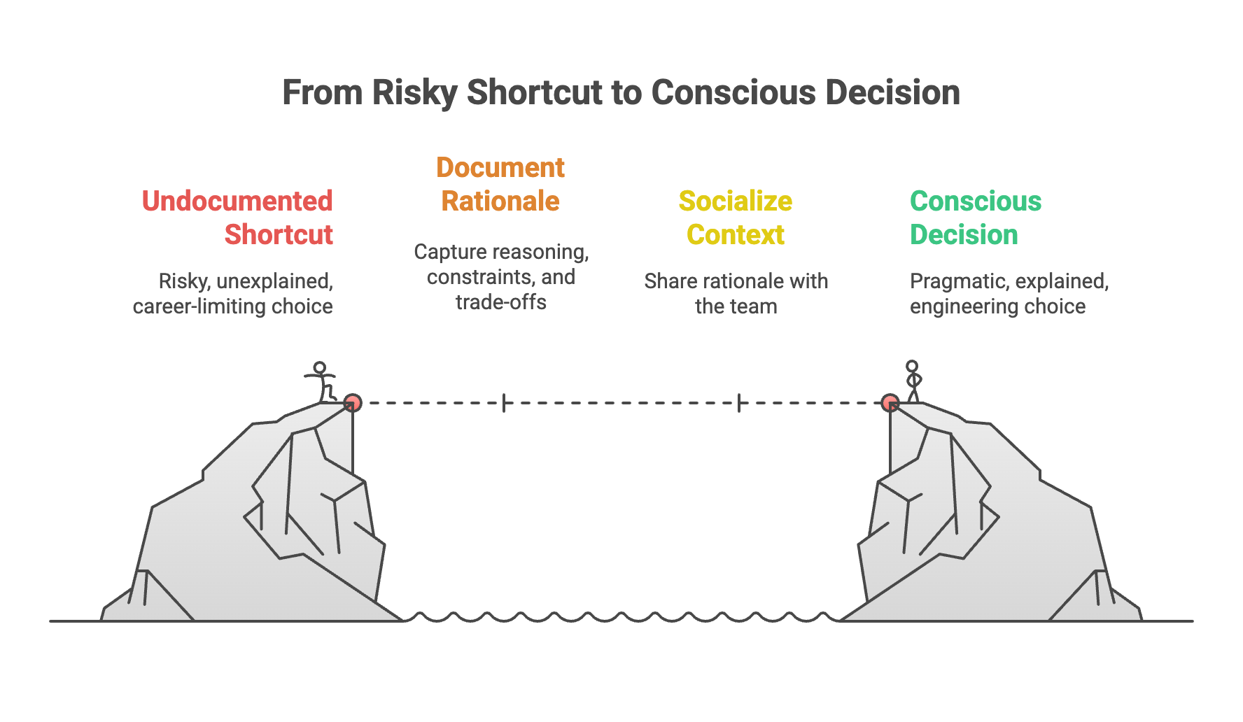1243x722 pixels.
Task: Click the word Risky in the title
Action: point(414,93)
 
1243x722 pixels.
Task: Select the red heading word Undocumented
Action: point(237,201)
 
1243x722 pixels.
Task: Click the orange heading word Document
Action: point(500,168)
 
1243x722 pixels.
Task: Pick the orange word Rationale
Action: point(500,201)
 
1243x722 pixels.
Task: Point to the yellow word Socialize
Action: point(736,201)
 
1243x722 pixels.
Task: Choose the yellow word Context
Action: point(736,235)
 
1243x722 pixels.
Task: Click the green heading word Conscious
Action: point(976,201)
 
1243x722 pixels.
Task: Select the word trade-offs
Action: point(501,302)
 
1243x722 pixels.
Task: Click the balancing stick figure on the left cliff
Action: point(321,381)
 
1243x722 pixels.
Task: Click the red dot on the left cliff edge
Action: point(353,403)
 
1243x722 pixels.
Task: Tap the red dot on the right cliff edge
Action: point(890,403)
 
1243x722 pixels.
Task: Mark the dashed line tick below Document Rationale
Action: point(504,403)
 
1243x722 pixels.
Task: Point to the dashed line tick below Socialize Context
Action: point(739,403)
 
